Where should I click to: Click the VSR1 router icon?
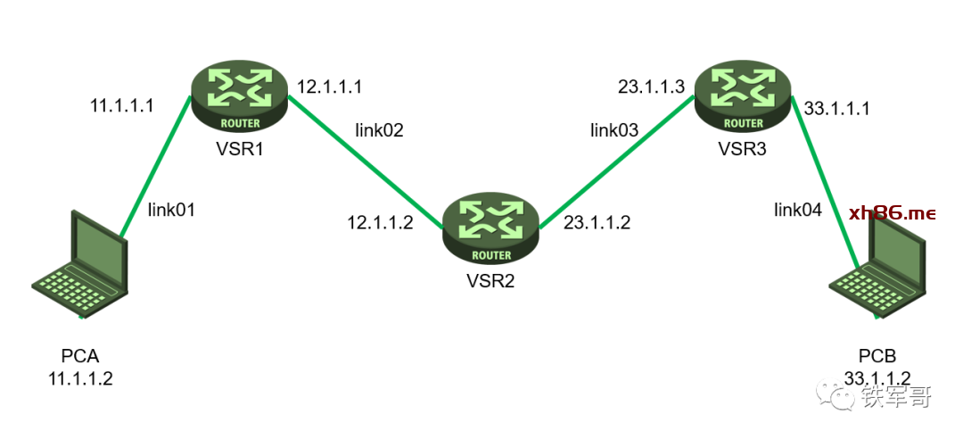[x=240, y=98]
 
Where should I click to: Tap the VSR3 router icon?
[x=743, y=98]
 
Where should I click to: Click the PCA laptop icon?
[x=80, y=264]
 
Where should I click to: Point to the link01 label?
[x=171, y=210]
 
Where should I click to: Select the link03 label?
[x=614, y=129]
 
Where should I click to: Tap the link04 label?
[x=797, y=210]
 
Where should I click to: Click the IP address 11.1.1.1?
[x=121, y=106]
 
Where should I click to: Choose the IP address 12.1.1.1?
[x=330, y=87]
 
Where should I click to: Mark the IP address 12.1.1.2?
[x=381, y=222]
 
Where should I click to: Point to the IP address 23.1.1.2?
[x=597, y=222]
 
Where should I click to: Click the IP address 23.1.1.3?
[x=651, y=87]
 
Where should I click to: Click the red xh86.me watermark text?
[x=893, y=213]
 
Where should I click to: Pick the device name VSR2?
[x=490, y=281]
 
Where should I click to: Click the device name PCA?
[x=80, y=356]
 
